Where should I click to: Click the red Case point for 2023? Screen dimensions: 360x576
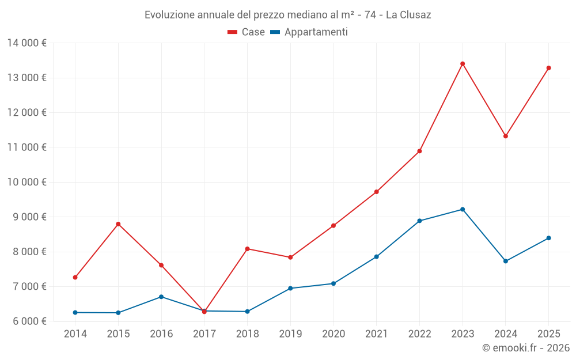[463, 64]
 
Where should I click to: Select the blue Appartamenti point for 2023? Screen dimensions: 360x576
[463, 209]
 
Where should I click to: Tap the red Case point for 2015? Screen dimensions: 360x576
[118, 224]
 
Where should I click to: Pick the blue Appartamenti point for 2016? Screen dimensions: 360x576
[161, 297]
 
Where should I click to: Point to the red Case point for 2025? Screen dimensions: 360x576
[548, 68]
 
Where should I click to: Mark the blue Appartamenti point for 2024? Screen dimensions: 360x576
[506, 261]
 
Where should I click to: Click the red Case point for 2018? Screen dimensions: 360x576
[247, 249]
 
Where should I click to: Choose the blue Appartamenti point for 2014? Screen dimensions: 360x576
[75, 312]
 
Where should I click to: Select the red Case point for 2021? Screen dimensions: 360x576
[376, 192]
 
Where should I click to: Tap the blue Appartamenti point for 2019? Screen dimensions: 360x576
[290, 288]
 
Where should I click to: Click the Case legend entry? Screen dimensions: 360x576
[246, 32]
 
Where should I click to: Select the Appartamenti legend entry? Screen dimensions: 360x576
[309, 32]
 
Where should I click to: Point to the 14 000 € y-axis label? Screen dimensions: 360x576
[28, 43]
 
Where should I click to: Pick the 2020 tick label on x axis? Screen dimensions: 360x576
[334, 334]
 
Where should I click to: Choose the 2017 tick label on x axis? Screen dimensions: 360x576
[204, 334]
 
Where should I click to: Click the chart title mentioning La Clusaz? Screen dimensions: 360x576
[288, 14]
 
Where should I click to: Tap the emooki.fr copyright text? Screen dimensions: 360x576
[525, 348]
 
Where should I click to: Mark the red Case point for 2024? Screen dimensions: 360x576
[506, 136]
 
